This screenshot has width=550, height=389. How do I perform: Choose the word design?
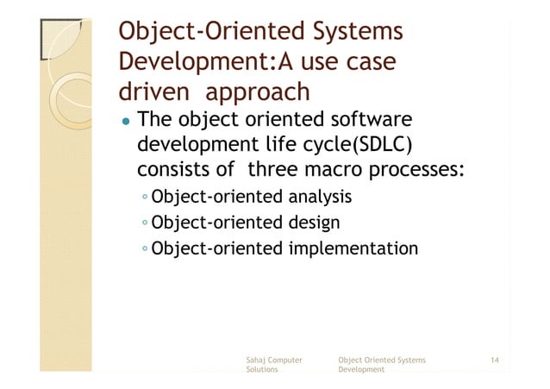tap(313, 224)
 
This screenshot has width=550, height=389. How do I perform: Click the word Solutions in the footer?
tap(262, 369)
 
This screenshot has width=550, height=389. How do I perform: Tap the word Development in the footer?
tap(362, 369)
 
